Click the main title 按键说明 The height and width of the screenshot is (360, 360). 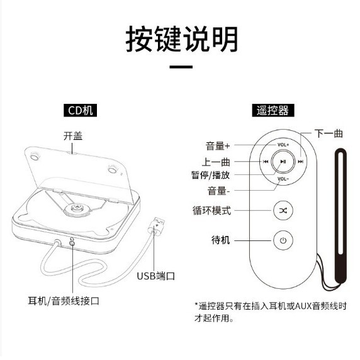pos(182,39)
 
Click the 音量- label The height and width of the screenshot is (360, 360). pos(219,190)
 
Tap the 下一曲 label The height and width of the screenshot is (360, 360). pos(329,133)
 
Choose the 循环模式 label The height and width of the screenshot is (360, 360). pos(212,210)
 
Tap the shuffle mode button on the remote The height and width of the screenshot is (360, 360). pos(283,210)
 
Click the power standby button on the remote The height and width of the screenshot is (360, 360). pos(283,240)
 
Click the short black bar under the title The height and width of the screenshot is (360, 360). pos(181,67)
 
